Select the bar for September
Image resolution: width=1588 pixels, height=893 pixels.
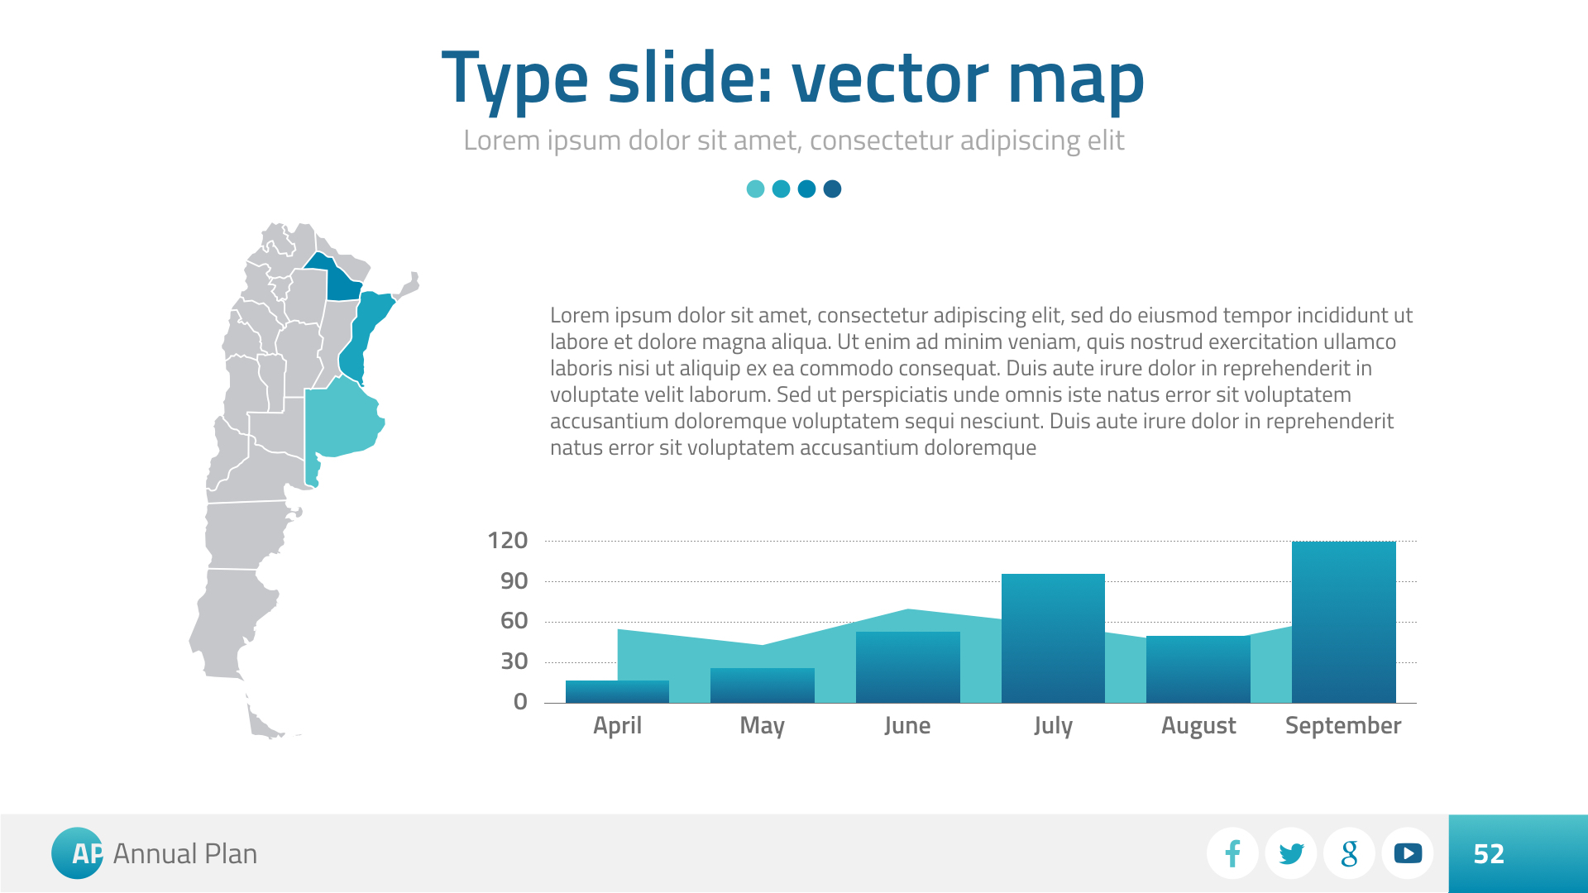[1343, 622]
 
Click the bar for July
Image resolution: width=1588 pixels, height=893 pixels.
[1053, 638]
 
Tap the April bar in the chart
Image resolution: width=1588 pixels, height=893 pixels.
[617, 691]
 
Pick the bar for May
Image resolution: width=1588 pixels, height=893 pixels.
[763, 685]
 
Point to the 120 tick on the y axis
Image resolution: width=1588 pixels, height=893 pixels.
[508, 541]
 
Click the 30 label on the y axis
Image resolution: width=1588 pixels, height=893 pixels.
[514, 661]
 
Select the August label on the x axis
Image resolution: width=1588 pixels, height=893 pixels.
[1198, 726]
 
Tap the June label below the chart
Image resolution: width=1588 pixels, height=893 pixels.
[907, 726]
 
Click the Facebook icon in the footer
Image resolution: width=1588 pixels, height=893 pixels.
[1232, 853]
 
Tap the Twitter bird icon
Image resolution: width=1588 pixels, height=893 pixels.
[1291, 853]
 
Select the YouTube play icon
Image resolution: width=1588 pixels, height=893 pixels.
[1408, 853]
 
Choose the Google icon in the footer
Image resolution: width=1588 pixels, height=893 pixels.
[1350, 853]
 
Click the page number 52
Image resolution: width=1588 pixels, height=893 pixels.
[1489, 854]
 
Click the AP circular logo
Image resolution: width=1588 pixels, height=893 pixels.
[78, 853]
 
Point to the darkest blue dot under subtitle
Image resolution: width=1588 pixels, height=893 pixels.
[833, 189]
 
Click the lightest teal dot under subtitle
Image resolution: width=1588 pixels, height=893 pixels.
[755, 189]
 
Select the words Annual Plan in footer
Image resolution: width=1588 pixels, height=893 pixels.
[185, 854]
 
